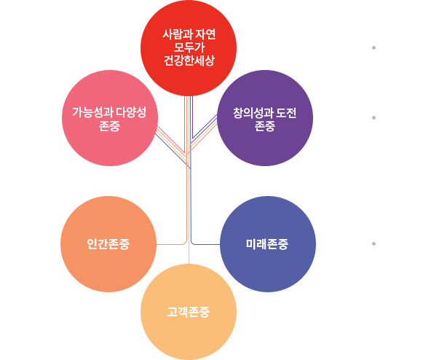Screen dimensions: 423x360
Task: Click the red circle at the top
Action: pos(189,48)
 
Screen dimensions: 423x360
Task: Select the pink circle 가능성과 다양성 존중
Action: pos(110,118)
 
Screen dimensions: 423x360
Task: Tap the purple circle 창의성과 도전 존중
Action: pos(265,118)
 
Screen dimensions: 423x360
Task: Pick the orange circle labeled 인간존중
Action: pos(108,244)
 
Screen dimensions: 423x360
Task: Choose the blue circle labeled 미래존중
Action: pos(268,244)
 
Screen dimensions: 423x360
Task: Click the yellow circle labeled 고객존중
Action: pos(189,312)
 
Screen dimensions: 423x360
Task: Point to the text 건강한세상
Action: pos(189,60)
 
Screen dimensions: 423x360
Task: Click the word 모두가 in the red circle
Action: pos(189,47)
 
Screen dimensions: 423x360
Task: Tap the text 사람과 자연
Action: pos(189,34)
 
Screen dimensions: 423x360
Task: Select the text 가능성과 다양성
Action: pos(109,112)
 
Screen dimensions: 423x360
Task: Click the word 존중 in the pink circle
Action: pos(109,126)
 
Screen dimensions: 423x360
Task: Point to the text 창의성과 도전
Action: pos(264,113)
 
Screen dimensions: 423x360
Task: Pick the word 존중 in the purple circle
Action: pos(264,126)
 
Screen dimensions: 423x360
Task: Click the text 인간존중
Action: pos(108,244)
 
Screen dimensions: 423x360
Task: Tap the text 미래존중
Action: pos(267,244)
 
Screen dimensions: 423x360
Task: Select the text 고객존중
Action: pos(189,312)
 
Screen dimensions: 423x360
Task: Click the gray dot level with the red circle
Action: pos(373,48)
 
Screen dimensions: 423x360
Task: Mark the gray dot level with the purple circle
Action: pos(373,118)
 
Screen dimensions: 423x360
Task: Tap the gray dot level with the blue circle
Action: pos(373,243)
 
